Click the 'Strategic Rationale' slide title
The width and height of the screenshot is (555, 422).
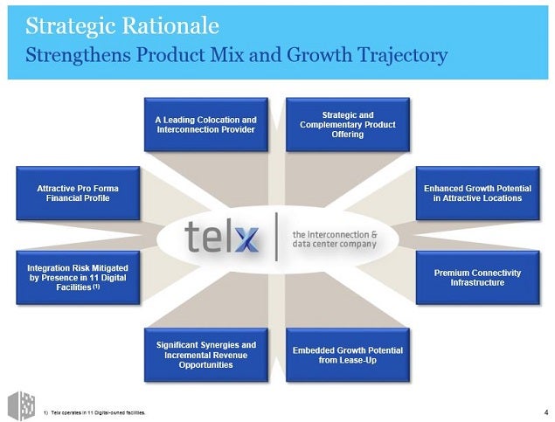[122, 26]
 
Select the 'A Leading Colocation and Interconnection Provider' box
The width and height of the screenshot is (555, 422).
[206, 125]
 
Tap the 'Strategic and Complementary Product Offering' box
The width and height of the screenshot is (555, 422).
[348, 125]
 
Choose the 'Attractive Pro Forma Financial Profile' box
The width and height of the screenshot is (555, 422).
[78, 193]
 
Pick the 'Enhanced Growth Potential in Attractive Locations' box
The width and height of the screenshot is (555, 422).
[478, 193]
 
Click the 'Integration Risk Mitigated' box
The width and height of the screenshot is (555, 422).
[78, 278]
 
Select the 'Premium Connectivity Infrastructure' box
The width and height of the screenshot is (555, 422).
[478, 278]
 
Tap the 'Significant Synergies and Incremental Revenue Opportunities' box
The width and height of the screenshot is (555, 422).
[206, 355]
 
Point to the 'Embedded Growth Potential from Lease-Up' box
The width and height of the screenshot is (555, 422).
[348, 355]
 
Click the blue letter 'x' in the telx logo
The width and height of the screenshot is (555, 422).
[246, 239]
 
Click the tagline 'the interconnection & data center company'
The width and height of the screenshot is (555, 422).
[335, 239]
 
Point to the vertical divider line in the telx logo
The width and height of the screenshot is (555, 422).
[276, 237]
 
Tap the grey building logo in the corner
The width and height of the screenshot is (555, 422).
[22, 405]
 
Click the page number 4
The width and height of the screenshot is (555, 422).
[546, 412]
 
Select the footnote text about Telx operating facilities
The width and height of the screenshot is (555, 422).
[94, 412]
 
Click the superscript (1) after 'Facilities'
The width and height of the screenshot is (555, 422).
[96, 287]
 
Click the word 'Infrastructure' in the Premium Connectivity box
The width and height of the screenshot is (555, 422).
[477, 282]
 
